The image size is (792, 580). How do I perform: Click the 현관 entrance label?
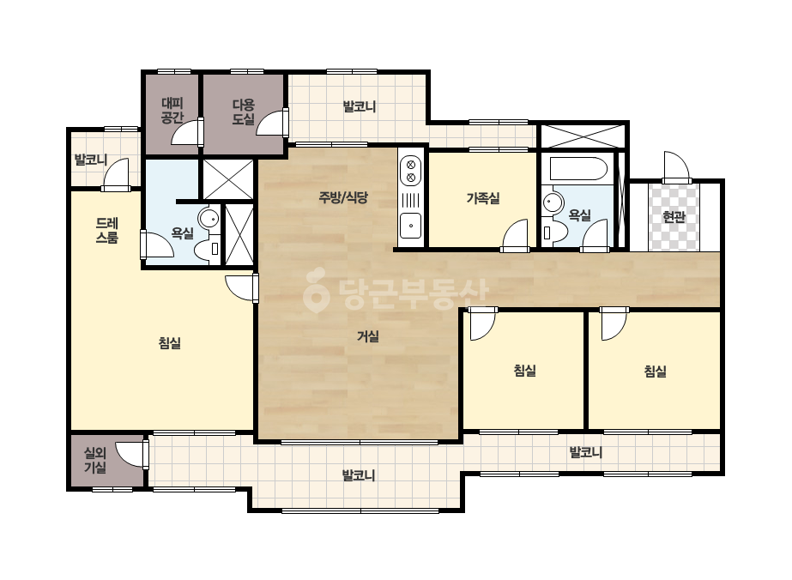(x=674, y=217)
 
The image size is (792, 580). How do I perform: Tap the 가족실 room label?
(x=483, y=198)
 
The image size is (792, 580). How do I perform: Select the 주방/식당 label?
(x=343, y=197)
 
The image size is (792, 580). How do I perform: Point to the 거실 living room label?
(x=368, y=336)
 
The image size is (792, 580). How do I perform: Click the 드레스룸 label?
(x=107, y=231)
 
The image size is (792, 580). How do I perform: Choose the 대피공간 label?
(x=172, y=111)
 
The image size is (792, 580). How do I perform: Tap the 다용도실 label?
(x=244, y=112)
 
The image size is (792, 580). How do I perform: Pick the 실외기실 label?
(x=95, y=460)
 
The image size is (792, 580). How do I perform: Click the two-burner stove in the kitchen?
(x=411, y=170)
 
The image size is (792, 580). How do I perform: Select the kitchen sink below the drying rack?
(x=411, y=226)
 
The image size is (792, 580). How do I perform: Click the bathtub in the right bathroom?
(x=578, y=169)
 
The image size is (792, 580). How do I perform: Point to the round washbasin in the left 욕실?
(x=209, y=219)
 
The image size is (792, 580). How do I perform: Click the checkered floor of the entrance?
(x=674, y=217)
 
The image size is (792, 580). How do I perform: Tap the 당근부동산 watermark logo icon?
(x=316, y=290)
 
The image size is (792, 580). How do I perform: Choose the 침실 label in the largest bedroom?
(x=170, y=343)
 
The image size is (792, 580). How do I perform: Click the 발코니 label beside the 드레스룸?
(x=91, y=160)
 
